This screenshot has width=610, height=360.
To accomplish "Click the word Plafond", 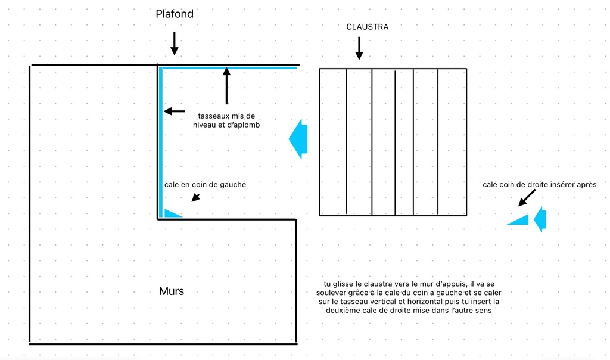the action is point(175,14).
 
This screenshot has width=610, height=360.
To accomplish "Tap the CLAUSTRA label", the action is point(367,27).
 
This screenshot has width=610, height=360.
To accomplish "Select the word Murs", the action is point(172,291).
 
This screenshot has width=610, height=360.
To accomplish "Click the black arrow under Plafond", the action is point(175,43).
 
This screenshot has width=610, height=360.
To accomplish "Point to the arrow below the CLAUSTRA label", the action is point(359,48).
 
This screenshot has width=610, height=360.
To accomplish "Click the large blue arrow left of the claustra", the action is point(298,139).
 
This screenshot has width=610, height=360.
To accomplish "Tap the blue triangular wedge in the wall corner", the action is point(172,213).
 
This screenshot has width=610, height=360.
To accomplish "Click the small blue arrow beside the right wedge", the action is point(540,219).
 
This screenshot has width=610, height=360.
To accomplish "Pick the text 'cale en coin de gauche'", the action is point(205,185).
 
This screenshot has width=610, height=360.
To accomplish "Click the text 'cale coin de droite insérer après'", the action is point(539,185).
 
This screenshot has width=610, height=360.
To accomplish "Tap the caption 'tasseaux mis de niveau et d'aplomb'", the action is point(226,120).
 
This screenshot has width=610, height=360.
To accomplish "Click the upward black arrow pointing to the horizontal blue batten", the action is point(226,86).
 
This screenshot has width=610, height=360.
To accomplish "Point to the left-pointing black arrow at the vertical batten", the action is point(175,111).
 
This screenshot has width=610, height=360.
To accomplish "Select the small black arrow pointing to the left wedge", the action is point(196,198).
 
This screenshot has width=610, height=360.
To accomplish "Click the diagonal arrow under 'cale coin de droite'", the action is point(527,198).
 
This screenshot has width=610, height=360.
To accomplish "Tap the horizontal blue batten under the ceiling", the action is point(229,68).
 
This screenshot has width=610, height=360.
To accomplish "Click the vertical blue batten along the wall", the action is point(161,142).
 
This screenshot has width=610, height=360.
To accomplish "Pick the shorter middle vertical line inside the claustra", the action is point(396,142).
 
